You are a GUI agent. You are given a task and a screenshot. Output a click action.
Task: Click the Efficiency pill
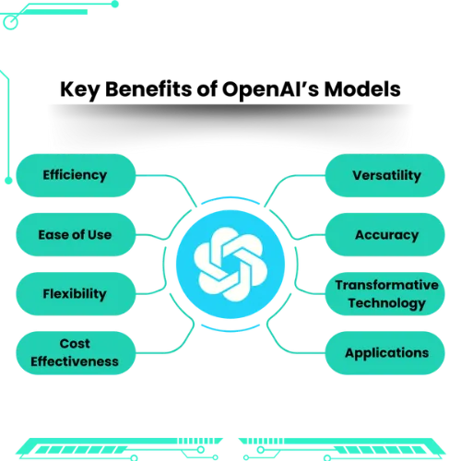tap(76, 175)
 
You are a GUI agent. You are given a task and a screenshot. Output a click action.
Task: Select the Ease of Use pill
tap(76, 234)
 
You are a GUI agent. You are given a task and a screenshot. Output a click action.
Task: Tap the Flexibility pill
tap(76, 294)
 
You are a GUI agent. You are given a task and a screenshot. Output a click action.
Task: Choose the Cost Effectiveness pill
tap(76, 353)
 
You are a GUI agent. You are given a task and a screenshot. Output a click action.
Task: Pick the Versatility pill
tap(385, 175)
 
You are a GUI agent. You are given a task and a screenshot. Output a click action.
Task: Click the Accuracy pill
tap(385, 234)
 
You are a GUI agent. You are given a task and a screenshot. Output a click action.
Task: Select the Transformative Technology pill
tap(385, 294)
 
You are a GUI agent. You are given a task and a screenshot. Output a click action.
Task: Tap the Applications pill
tap(385, 353)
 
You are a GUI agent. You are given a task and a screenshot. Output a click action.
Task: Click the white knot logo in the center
tap(230, 265)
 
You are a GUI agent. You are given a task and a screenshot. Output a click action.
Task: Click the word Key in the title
tap(79, 90)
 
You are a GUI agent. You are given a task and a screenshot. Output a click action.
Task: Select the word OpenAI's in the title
tap(270, 89)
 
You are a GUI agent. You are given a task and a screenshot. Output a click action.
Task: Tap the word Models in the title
tap(362, 89)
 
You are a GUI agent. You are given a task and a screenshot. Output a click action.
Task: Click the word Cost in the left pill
tap(75, 343)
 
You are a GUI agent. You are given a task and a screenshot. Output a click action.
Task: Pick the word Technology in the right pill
tap(387, 303)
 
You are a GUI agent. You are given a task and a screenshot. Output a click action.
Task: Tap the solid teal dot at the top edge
tap(115, 4)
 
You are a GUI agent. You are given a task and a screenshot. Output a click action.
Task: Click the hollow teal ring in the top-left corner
tap(10, 22)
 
